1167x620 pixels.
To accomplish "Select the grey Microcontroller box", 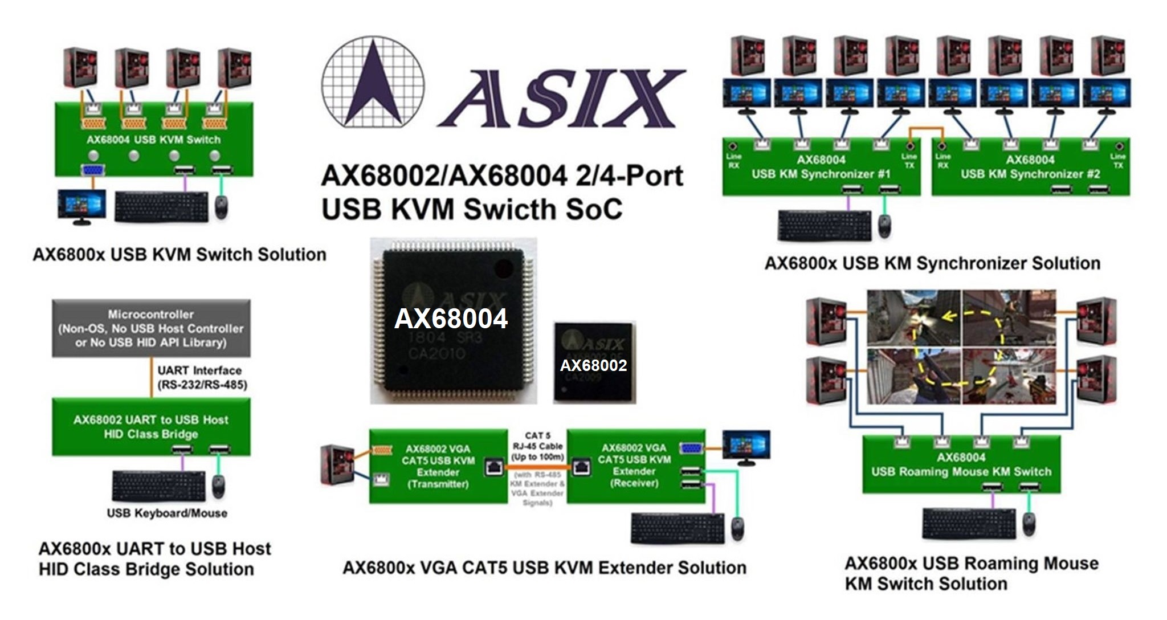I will (151, 328).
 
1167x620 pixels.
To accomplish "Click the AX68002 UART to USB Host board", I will (151, 427).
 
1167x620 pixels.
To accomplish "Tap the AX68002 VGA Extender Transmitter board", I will (438, 466).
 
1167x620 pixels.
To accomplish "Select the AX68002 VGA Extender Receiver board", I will (634, 466).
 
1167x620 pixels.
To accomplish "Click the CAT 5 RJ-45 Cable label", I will (537, 446).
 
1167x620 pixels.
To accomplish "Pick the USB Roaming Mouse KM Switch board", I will (961, 464).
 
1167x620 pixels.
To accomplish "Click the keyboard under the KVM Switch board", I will (161, 207).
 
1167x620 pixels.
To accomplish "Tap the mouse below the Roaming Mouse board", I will (1029, 523).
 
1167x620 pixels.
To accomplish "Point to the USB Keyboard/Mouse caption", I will (167, 513).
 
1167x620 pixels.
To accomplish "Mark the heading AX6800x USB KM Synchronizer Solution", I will (932, 263).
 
